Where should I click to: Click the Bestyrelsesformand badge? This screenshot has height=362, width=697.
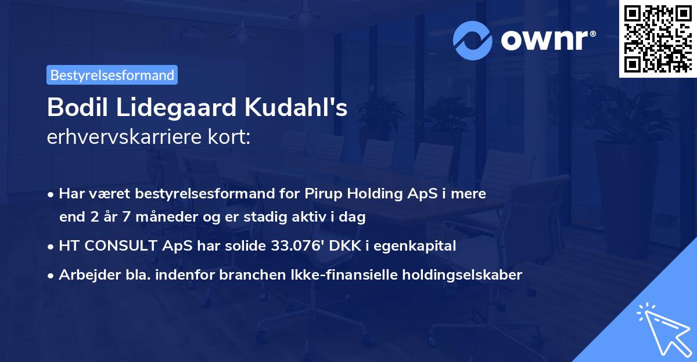click(x=112, y=75)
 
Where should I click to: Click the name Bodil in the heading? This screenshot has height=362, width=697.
click(x=75, y=107)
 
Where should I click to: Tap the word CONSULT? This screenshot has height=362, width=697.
click(x=120, y=246)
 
